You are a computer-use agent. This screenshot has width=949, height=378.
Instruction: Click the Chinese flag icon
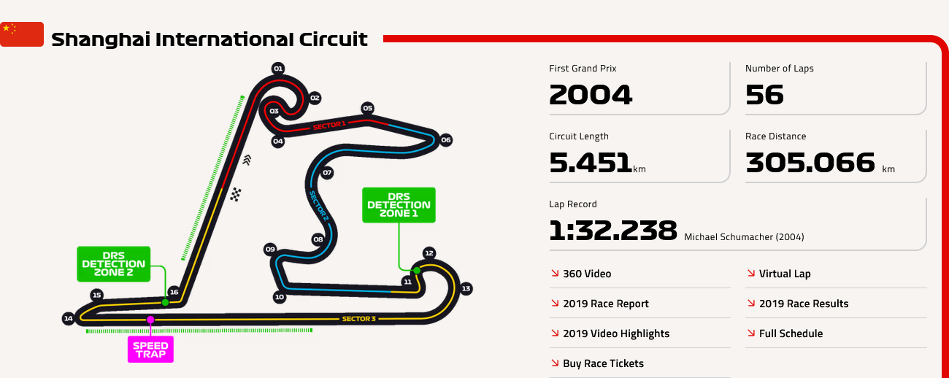22,34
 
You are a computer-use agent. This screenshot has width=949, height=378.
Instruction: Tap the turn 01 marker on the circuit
278,69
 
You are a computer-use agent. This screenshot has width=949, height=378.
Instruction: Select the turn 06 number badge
446,140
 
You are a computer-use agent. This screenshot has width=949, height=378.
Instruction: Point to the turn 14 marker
68,318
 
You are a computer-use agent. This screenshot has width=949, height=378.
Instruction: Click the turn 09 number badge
270,250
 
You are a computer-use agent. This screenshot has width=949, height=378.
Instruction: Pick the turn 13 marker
466,289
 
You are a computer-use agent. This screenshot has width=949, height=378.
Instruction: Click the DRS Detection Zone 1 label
399,205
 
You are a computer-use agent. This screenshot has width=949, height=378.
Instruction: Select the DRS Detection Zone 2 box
114,263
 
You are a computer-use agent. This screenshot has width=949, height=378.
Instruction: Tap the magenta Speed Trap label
150,350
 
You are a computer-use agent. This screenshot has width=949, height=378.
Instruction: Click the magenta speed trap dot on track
150,320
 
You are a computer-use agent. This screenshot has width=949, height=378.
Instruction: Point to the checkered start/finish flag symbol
236,195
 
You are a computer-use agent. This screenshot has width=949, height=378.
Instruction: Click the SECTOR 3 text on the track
359,319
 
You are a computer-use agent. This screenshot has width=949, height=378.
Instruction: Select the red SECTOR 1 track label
329,126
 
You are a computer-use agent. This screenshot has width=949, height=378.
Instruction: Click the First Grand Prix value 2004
591,94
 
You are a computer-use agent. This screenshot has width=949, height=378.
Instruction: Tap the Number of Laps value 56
764,94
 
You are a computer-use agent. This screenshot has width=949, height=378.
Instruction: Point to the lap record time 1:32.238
612,231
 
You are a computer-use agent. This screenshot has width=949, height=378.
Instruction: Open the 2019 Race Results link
798,304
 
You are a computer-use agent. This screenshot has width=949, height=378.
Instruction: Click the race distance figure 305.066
810,163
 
